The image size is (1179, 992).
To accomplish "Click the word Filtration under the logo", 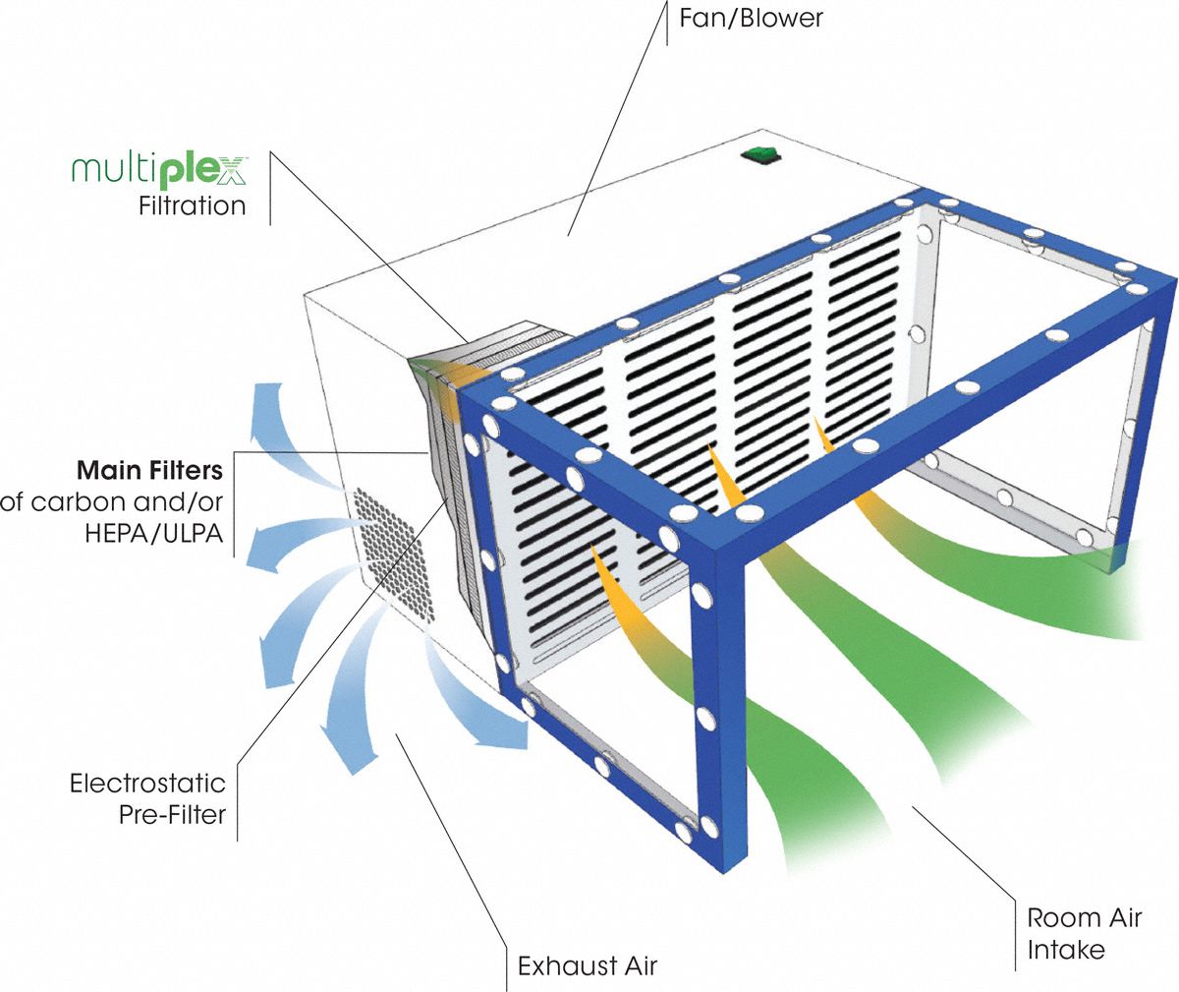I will (x=193, y=206).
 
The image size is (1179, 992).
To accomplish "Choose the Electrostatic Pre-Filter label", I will (x=147, y=798).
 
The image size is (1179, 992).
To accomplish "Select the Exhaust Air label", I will (x=588, y=965).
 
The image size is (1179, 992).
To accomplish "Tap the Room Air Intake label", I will (x=1084, y=933).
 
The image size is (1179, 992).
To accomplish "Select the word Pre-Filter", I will (x=173, y=814).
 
